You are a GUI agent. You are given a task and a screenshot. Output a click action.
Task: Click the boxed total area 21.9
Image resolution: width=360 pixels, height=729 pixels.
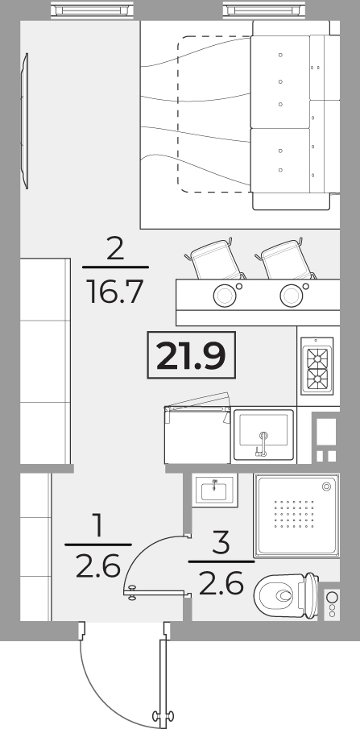[x=191, y=354]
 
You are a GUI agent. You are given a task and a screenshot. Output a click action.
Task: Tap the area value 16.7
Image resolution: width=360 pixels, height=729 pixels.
[x=115, y=291]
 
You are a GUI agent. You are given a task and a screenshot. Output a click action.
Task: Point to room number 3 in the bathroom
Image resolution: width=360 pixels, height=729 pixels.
[x=221, y=543]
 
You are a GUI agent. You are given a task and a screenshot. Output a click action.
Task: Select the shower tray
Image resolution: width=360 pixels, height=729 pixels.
[x=296, y=516]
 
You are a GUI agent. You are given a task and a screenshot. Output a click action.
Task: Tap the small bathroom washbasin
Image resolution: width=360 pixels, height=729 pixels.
[x=215, y=491]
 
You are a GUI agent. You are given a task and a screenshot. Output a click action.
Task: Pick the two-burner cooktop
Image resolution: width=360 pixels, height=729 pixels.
[x=317, y=366]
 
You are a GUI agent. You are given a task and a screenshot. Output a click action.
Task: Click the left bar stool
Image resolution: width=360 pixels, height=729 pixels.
[x=215, y=259]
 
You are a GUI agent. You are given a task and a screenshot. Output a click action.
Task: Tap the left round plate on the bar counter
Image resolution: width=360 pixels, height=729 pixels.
[x=224, y=295]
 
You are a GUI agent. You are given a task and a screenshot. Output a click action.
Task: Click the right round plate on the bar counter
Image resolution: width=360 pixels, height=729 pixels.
[x=292, y=295]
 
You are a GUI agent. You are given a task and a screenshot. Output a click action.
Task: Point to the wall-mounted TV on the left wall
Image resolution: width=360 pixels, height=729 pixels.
[x=25, y=121]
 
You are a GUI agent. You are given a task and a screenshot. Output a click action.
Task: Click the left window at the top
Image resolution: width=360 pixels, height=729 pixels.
[x=92, y=10]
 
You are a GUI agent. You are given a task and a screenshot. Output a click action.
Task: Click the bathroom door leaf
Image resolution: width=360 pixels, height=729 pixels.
[x=158, y=593]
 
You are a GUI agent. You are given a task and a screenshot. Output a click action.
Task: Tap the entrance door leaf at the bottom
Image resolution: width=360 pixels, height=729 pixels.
[x=163, y=677]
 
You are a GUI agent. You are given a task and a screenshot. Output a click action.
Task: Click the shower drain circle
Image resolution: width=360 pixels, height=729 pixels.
[x=326, y=487]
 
